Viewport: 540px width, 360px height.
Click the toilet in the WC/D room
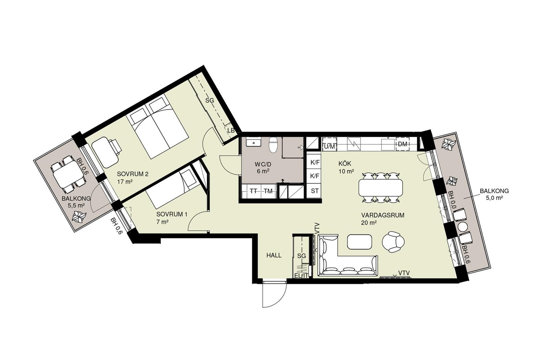pos(274,145)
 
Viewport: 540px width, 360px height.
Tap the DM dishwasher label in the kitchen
pos(402,144)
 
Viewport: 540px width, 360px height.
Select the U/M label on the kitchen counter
pos(329,146)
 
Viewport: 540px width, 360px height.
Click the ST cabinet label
pos(315,191)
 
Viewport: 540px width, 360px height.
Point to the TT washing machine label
pos(253,191)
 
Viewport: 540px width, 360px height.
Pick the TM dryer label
pos(268,191)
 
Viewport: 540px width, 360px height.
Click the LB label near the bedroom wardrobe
pos(231,130)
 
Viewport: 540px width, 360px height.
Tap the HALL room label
pos(274,255)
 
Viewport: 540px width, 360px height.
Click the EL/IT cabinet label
pos(301,276)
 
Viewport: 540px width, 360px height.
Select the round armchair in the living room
pos(393,242)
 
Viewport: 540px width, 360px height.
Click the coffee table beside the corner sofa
pos(359,242)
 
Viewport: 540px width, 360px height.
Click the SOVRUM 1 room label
pos(172,214)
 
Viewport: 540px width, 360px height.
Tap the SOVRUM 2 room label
pos(132,174)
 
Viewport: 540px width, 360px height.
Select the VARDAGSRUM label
pos(383,215)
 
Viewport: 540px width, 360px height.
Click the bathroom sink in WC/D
pos(253,142)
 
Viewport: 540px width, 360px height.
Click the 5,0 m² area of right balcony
pos(494,198)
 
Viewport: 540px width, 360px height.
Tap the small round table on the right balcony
pos(463,227)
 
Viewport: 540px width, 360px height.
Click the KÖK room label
pos(345,164)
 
